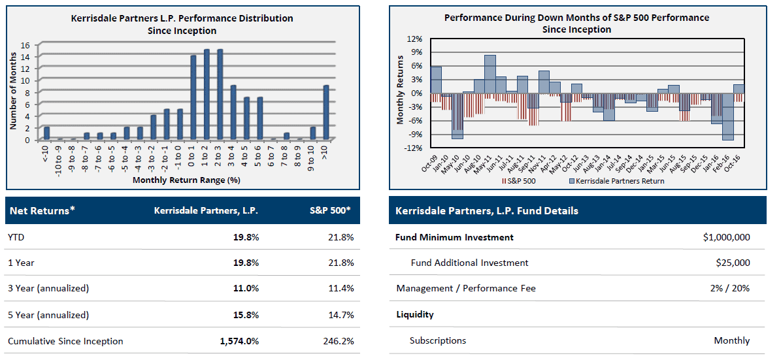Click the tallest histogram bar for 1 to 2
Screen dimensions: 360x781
pos(207,95)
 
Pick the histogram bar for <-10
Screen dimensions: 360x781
pos(47,133)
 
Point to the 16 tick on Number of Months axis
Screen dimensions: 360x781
pos(25,45)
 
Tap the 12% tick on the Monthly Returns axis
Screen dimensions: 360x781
pos(416,39)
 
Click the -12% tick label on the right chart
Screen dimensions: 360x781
pos(414,148)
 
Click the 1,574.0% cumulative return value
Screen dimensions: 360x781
pos(239,341)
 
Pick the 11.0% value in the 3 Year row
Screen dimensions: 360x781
pos(246,289)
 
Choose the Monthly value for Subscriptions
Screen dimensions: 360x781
pos(731,340)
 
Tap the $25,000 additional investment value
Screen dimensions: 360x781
pos(733,263)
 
